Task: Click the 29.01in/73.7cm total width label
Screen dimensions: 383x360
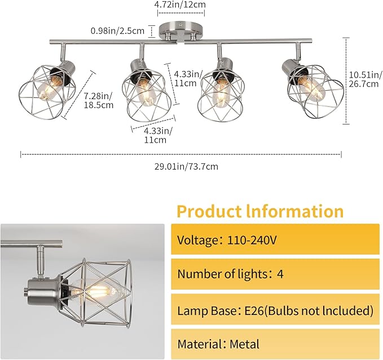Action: click(186, 167)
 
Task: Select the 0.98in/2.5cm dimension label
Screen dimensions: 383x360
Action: click(117, 31)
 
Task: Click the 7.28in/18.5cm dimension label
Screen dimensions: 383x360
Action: click(99, 100)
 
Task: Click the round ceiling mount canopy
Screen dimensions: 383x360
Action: click(181, 30)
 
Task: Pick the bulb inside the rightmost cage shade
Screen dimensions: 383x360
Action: click(311, 88)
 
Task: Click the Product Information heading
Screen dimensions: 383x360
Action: click(260, 211)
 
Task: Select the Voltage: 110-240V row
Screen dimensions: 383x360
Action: click(275, 239)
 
